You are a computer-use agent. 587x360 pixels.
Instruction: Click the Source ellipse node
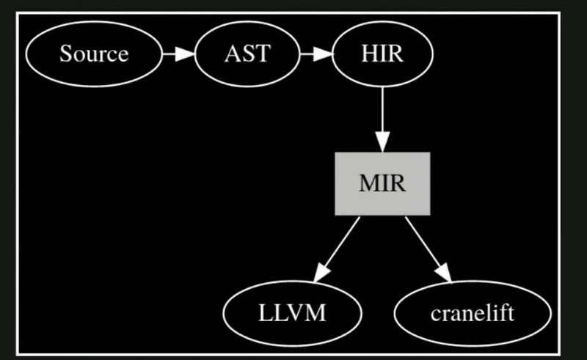coord(94,54)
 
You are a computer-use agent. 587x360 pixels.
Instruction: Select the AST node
coord(247,54)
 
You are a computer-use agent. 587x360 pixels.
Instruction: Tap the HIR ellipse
coord(382,54)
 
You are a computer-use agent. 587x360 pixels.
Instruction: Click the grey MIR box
coord(382,183)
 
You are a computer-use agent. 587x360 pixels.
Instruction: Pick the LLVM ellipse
coord(292,313)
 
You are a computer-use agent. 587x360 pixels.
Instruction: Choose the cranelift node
coord(472,313)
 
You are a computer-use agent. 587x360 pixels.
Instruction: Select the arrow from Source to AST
coord(178,54)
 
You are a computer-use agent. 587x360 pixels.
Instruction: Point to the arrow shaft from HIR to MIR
coord(382,110)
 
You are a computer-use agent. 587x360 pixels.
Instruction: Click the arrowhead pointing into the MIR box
coord(382,141)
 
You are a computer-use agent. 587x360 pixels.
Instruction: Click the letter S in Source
coord(65,54)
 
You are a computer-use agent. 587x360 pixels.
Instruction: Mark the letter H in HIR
coord(369,54)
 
